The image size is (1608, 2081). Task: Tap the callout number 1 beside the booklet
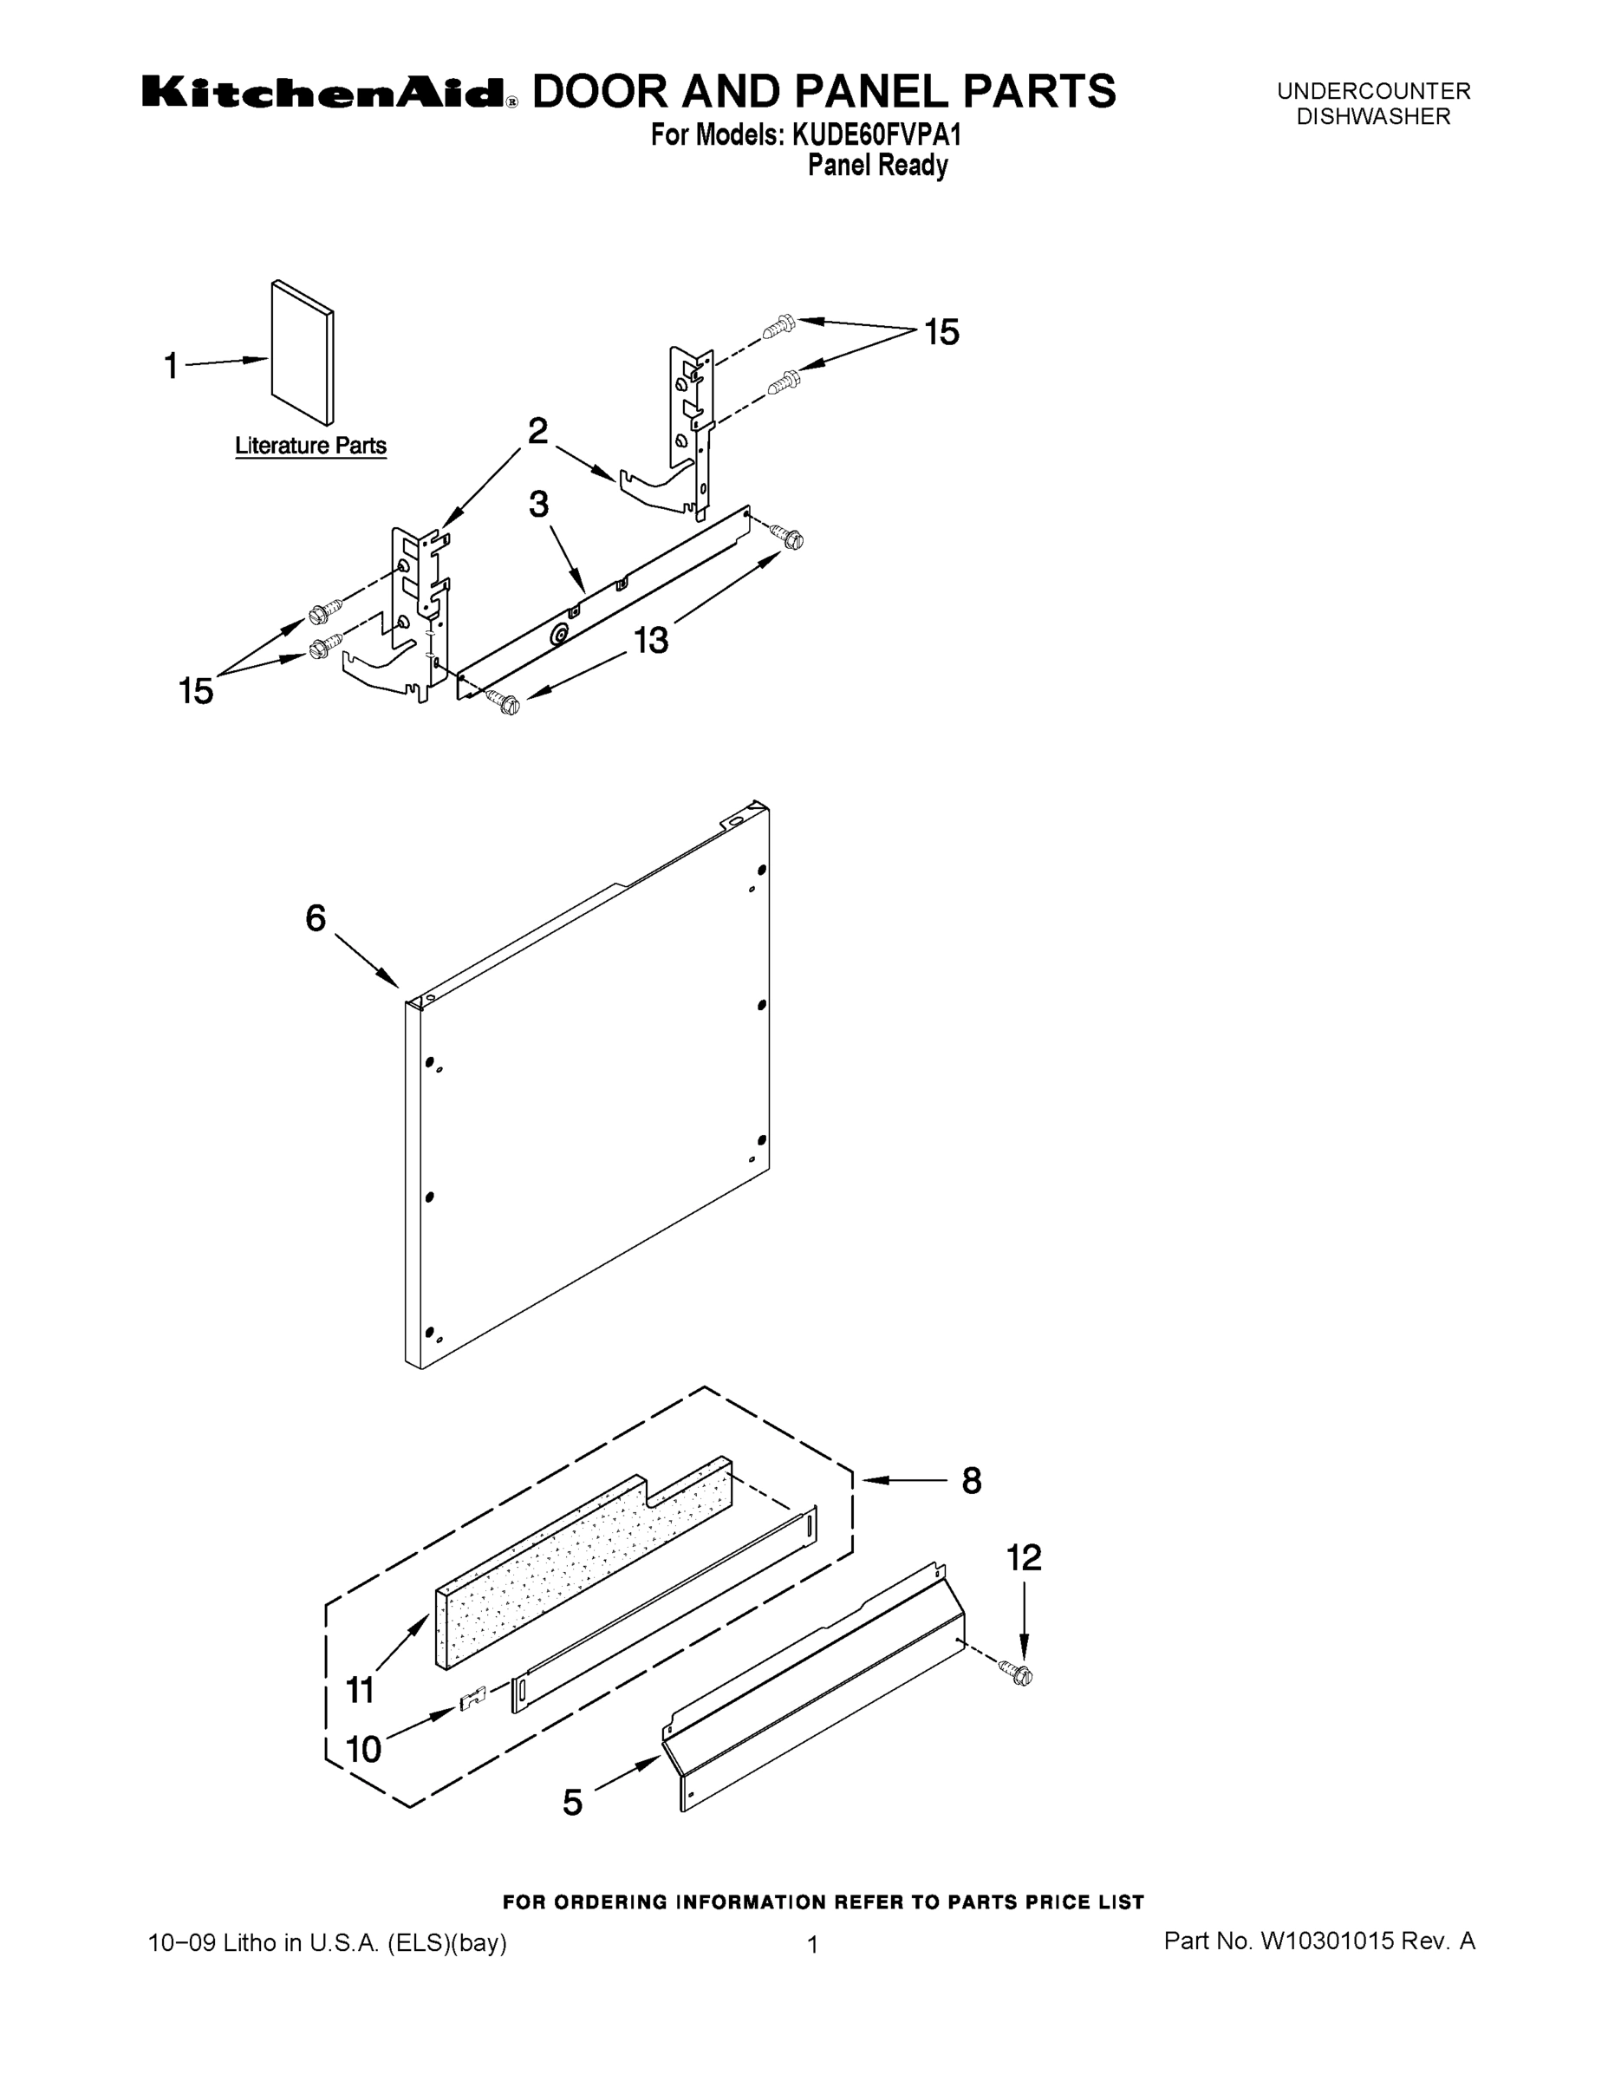point(172,366)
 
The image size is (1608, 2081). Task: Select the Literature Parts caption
point(310,446)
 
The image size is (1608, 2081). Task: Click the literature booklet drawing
point(302,353)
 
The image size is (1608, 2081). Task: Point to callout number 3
point(539,505)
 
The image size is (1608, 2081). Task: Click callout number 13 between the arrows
point(652,640)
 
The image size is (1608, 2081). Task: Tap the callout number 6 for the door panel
point(316,918)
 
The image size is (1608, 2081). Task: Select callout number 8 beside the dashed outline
point(971,1481)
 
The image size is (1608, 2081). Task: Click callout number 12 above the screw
point(1024,1558)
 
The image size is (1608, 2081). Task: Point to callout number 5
point(571,1803)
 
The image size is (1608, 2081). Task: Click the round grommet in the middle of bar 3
point(560,635)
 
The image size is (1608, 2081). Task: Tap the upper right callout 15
point(941,333)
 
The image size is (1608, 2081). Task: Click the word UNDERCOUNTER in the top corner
point(1374,91)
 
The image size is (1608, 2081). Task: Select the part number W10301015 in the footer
point(1327,1941)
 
